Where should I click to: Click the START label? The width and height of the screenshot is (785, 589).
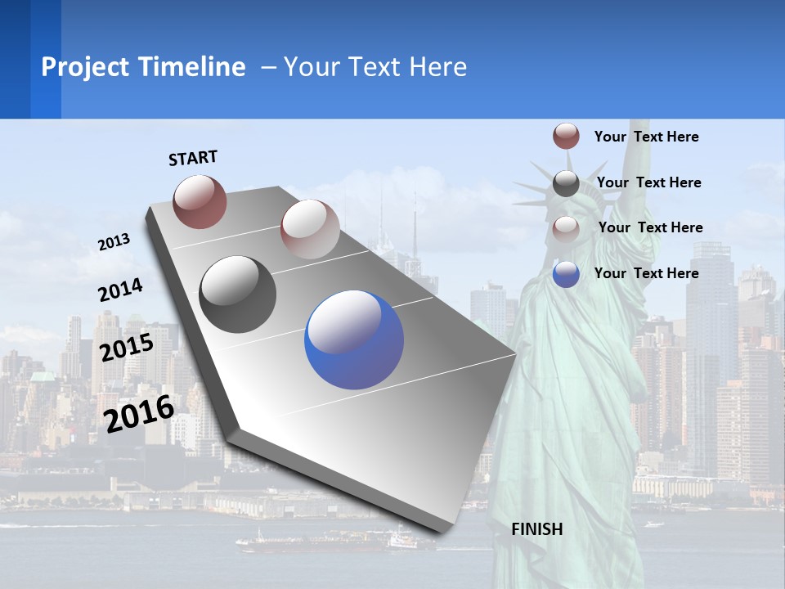tap(193, 158)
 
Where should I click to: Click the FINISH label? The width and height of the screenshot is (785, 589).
tap(537, 529)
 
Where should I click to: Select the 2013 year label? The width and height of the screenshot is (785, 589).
tap(114, 242)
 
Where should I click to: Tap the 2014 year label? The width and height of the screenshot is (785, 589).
tap(120, 290)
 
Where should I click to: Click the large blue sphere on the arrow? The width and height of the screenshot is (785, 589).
tap(354, 339)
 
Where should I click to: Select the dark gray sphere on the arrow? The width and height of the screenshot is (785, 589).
tap(237, 294)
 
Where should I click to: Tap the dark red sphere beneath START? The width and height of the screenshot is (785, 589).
tap(200, 201)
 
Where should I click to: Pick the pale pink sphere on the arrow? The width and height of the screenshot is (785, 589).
tap(309, 229)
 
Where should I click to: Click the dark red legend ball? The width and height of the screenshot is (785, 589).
tap(566, 136)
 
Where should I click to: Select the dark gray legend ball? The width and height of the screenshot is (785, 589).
tap(566, 183)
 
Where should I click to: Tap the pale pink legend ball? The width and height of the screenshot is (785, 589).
tap(566, 229)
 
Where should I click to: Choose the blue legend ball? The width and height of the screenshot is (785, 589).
tap(566, 274)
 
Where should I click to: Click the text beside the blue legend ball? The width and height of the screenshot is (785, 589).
tap(646, 273)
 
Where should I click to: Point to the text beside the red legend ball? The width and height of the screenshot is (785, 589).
tap(646, 137)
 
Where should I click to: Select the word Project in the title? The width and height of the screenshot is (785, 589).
tap(86, 67)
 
